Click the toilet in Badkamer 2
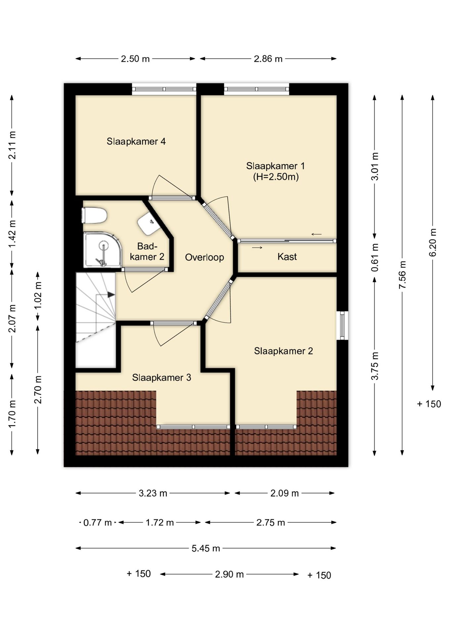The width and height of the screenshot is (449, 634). pos(94,215)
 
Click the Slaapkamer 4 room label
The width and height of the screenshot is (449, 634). pos(136,141)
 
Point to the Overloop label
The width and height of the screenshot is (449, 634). pos(204,257)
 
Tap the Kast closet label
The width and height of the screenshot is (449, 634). pos(287,257)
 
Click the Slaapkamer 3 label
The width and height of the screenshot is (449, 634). pos(162,377)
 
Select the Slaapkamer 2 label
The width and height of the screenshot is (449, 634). pos(283,351)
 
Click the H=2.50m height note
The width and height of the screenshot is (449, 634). pos(276,177)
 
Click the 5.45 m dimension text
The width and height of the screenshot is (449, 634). pos(206,548)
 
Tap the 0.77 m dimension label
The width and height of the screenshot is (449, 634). pos(98,523)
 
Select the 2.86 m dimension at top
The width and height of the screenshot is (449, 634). pos(268,59)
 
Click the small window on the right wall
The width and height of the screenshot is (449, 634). pos(343,325)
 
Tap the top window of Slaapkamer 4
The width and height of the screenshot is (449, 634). pos(164,89)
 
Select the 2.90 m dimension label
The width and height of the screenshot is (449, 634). pos(229,574)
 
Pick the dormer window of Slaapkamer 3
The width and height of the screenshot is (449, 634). pos(193,427)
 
